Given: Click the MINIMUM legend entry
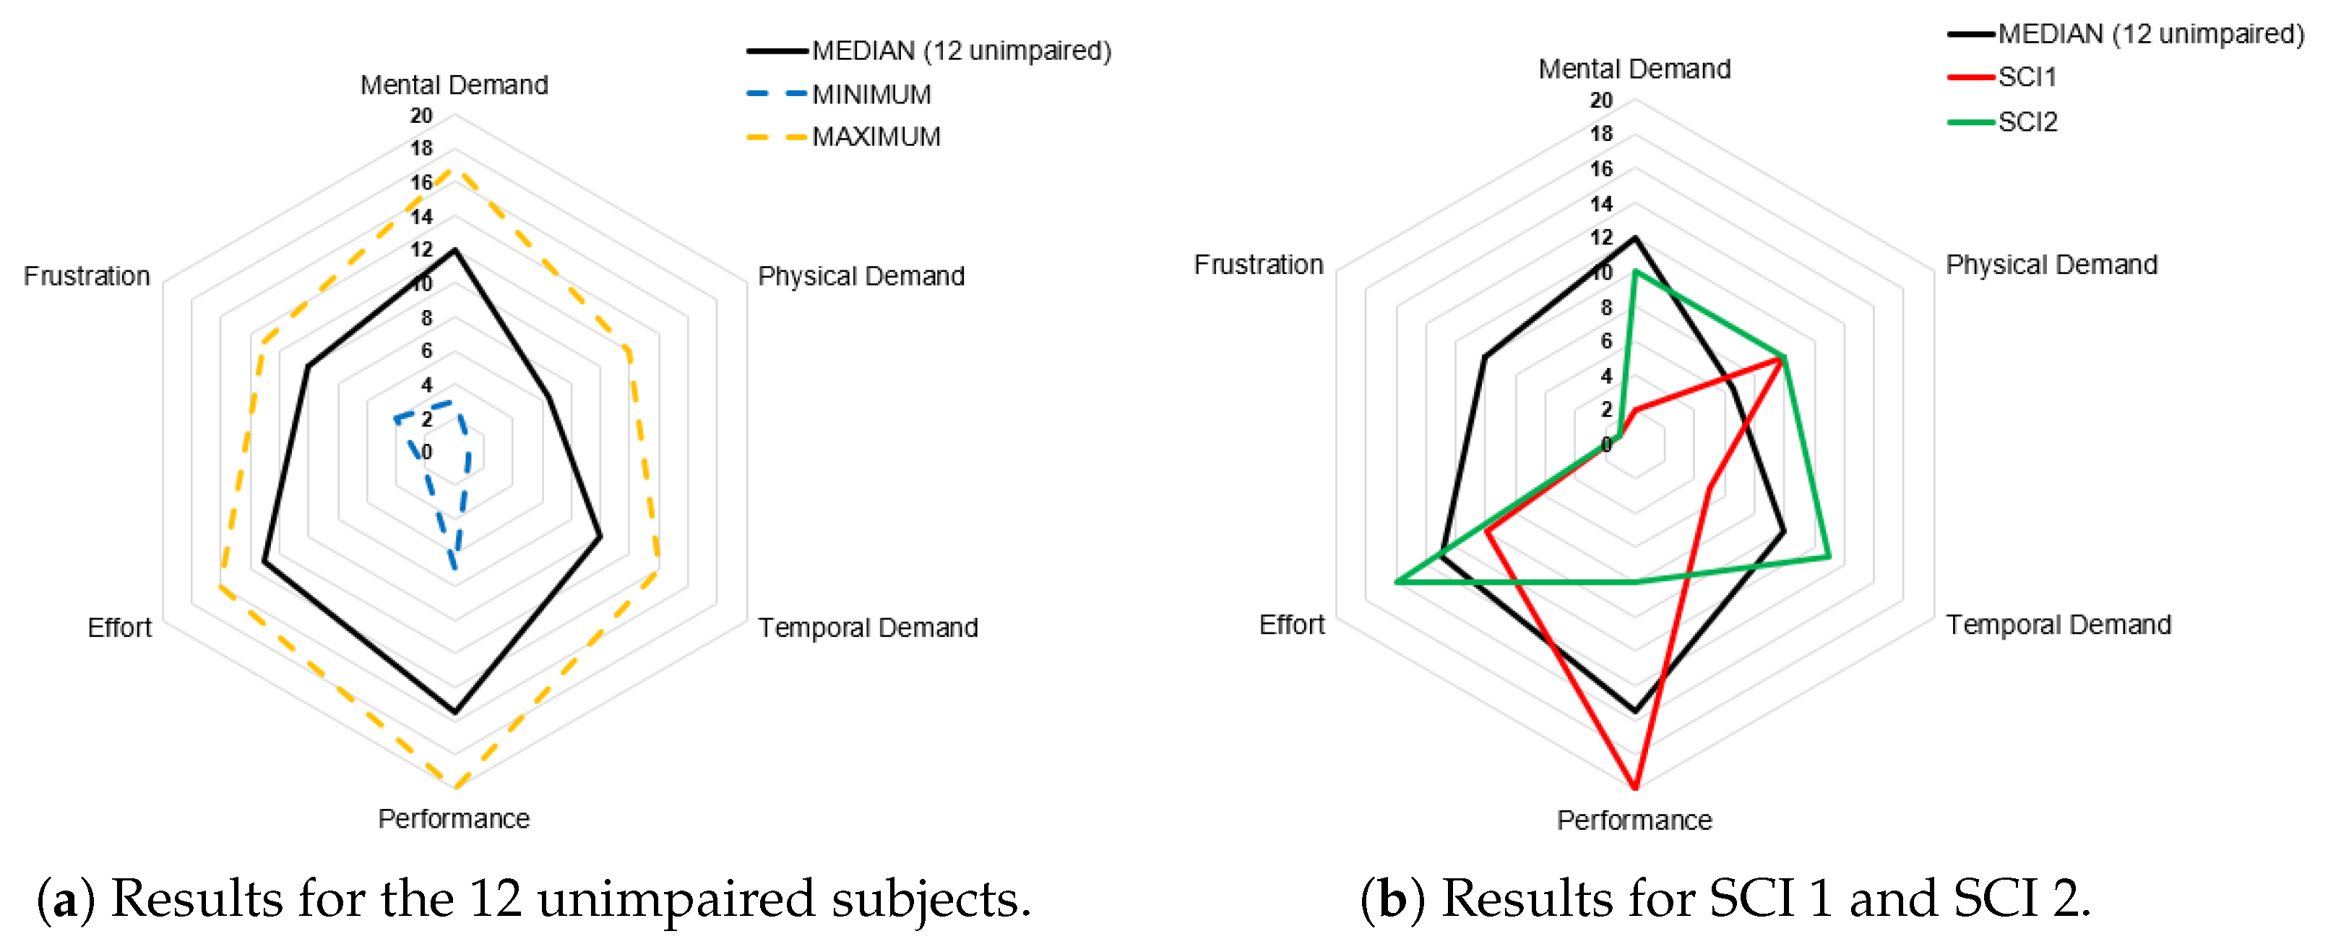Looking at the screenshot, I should pos(870,94).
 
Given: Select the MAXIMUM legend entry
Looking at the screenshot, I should pos(875,137).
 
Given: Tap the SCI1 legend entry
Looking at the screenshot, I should pos(2026,77).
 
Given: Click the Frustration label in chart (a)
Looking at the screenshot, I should pos(87,275).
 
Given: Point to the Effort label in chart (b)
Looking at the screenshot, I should pos(1291,625).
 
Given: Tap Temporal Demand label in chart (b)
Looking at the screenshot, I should pos(2058,625).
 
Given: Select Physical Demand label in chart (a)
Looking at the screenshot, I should pos(861,275).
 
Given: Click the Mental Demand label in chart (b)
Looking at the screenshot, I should pos(1634,69).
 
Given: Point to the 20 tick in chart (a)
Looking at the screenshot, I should pos(421,116).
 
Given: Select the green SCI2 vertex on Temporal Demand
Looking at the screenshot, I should pos(1829,557).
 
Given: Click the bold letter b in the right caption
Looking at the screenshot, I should pos(1392,899).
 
